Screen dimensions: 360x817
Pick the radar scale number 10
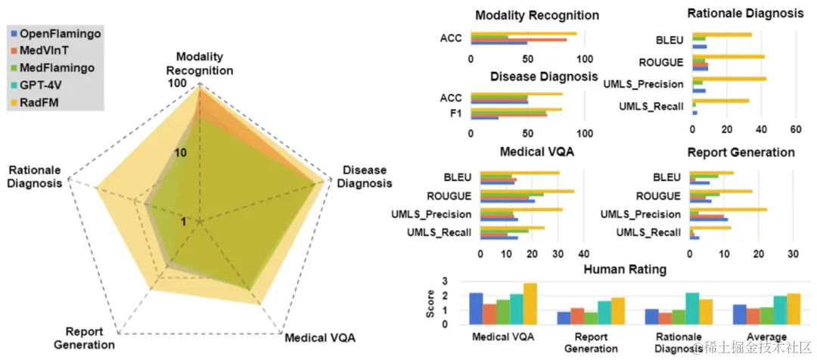pyautogui.click(x=179, y=152)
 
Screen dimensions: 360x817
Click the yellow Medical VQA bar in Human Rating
pyautogui.click(x=530, y=304)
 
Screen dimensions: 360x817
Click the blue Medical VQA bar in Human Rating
pyautogui.click(x=476, y=309)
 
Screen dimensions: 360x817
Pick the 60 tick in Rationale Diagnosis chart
pyautogui.click(x=795, y=129)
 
